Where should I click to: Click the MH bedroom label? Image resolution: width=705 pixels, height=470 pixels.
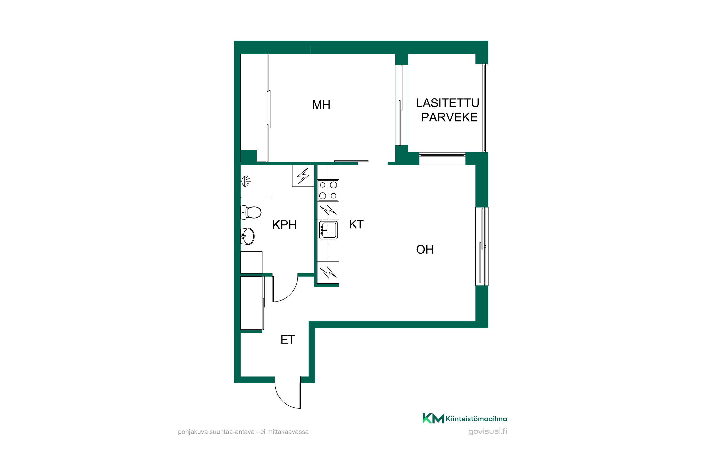(321, 105)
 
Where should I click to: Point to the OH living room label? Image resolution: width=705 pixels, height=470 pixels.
(425, 249)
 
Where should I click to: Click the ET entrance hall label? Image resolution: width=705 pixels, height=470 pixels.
(288, 340)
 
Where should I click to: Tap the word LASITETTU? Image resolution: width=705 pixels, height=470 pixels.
(447, 103)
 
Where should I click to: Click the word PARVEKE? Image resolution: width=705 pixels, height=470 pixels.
(449, 117)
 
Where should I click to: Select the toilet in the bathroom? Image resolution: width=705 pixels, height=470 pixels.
(251, 212)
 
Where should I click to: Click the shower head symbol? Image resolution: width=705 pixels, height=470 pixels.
(246, 181)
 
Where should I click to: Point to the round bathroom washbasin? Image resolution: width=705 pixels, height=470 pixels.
(248, 236)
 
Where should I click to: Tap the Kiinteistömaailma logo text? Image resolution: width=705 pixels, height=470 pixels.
(476, 419)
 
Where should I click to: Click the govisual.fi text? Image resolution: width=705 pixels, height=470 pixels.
(488, 431)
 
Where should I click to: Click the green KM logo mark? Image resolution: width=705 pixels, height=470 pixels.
(433, 418)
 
